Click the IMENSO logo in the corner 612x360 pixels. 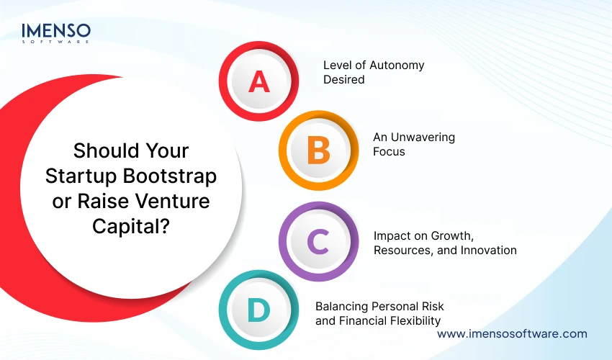[x=56, y=33]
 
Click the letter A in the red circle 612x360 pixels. [x=258, y=82]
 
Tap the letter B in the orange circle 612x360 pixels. [x=318, y=151]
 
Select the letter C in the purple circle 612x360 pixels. [x=318, y=242]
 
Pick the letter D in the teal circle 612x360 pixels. [x=258, y=312]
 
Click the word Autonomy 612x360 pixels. [x=394, y=65]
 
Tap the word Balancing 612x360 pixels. [x=341, y=305]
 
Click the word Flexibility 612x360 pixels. [x=411, y=320]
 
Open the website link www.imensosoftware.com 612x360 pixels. [x=512, y=333]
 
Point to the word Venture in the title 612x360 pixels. [x=176, y=201]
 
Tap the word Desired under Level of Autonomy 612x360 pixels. [x=343, y=79]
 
